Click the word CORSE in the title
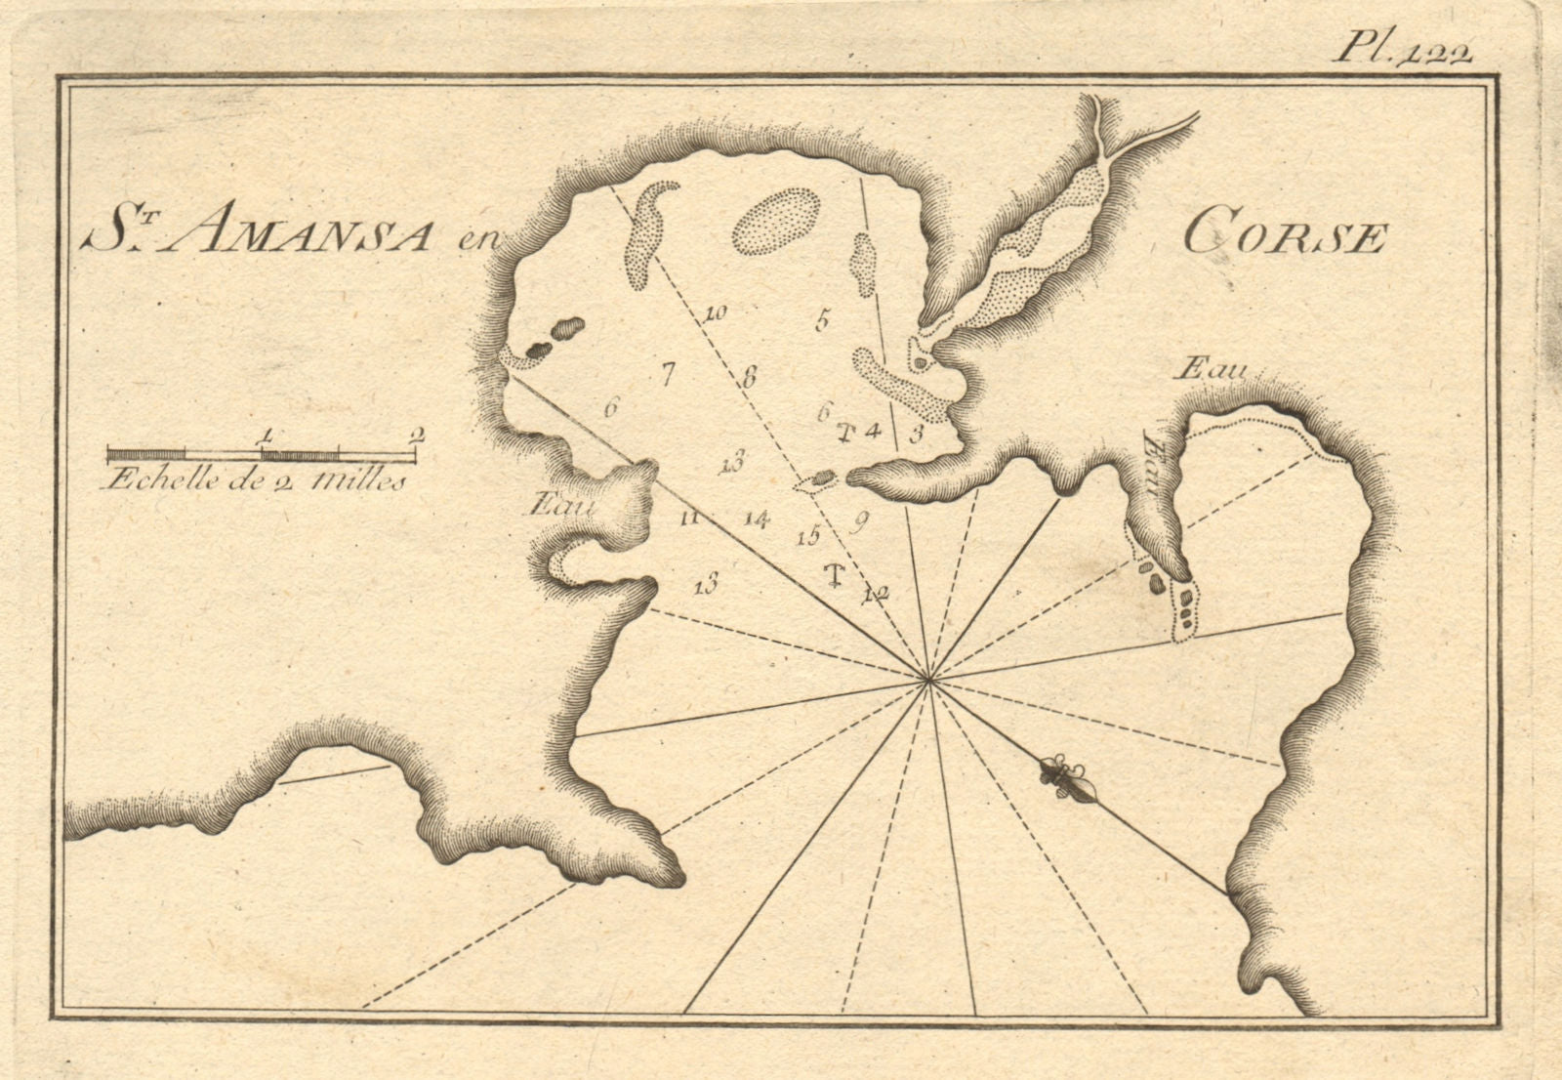point(1286,236)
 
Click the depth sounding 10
point(715,313)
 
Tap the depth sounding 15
point(806,536)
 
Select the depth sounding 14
point(755,519)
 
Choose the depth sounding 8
point(749,376)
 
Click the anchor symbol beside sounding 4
point(846,432)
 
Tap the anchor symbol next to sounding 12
point(834,574)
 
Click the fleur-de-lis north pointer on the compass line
point(1059,774)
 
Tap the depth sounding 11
point(689,519)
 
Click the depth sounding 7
point(668,372)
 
